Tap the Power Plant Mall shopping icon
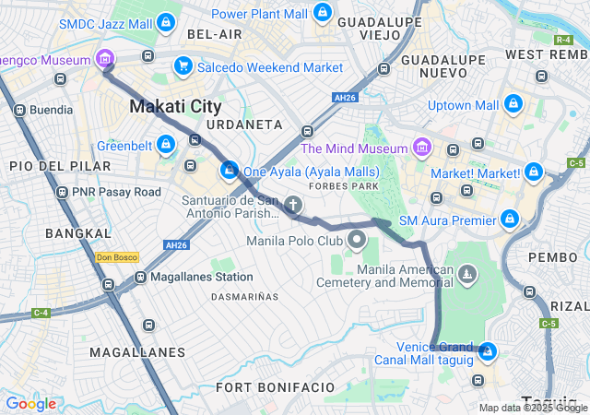click(321, 13)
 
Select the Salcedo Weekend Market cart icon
click(183, 66)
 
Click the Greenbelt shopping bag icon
click(165, 145)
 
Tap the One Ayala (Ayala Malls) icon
click(229, 171)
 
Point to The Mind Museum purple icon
click(421, 148)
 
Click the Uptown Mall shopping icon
click(513, 104)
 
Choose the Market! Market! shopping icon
click(533, 172)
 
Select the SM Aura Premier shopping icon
click(509, 219)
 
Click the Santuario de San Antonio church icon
click(292, 205)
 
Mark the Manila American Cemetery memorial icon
click(468, 274)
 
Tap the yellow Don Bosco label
click(117, 257)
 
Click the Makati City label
click(175, 106)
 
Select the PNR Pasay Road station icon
click(62, 192)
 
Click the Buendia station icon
click(19, 110)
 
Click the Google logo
click(30, 403)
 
